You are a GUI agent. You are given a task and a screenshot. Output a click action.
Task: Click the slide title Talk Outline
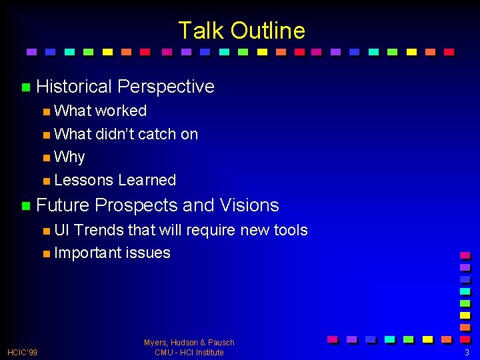(x=241, y=31)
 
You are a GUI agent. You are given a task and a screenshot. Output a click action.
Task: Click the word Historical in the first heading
(x=74, y=87)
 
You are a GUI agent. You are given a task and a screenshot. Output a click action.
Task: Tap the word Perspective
(x=165, y=87)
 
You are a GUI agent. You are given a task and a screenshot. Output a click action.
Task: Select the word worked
(x=121, y=111)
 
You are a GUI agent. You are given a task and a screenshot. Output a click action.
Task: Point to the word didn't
(x=115, y=134)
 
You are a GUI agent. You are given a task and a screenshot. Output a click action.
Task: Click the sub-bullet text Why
(x=69, y=157)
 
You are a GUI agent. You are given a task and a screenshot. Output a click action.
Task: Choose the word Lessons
(x=83, y=180)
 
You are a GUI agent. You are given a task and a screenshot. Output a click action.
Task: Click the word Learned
(x=147, y=180)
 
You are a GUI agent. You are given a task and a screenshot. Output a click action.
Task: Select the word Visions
(x=249, y=205)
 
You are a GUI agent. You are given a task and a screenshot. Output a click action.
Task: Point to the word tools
(x=290, y=230)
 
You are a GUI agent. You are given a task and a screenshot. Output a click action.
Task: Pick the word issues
(x=148, y=253)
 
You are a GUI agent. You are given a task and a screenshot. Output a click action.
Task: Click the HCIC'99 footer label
(x=22, y=352)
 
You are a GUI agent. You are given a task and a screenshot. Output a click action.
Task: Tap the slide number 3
(x=467, y=352)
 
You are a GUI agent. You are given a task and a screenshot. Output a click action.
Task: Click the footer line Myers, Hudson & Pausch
(x=189, y=343)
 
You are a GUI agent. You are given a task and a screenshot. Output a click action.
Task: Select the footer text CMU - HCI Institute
(x=189, y=352)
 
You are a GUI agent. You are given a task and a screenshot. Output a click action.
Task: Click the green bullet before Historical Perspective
(x=26, y=87)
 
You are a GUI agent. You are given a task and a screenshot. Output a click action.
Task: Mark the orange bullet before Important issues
(x=45, y=254)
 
